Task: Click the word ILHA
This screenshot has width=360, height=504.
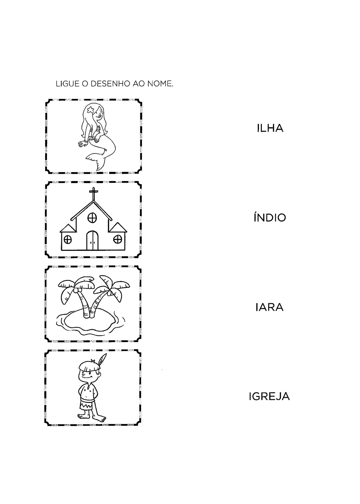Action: pyautogui.click(x=270, y=128)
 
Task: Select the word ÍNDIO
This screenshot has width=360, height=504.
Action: pyautogui.click(x=270, y=217)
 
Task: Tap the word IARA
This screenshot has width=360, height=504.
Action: pyautogui.click(x=270, y=307)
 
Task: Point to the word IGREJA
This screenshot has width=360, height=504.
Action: pyautogui.click(x=269, y=397)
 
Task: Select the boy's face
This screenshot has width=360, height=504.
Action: pyautogui.click(x=88, y=374)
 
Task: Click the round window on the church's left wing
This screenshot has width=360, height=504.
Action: pyautogui.click(x=68, y=240)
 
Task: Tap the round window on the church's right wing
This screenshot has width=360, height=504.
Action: pyautogui.click(x=117, y=240)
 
